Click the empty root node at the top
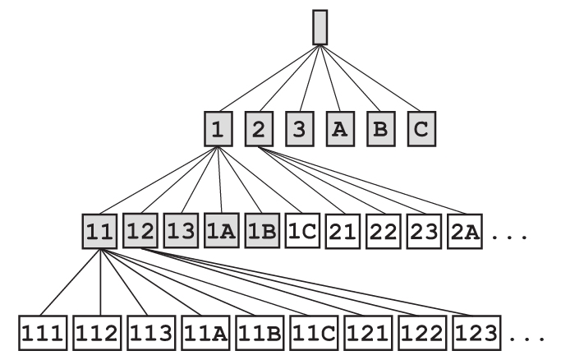[x=320, y=27]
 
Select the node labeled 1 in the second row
[x=218, y=129]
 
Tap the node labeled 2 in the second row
[x=258, y=129]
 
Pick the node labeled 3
[x=298, y=129]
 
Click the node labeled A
[x=338, y=129]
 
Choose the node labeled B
[x=379, y=129]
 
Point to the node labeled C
[x=419, y=129]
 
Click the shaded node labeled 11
[x=100, y=232]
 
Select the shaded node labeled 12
[x=140, y=232]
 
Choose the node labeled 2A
[x=464, y=232]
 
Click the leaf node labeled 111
[x=43, y=333]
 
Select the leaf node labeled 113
[x=151, y=333]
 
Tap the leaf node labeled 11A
[x=205, y=333]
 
